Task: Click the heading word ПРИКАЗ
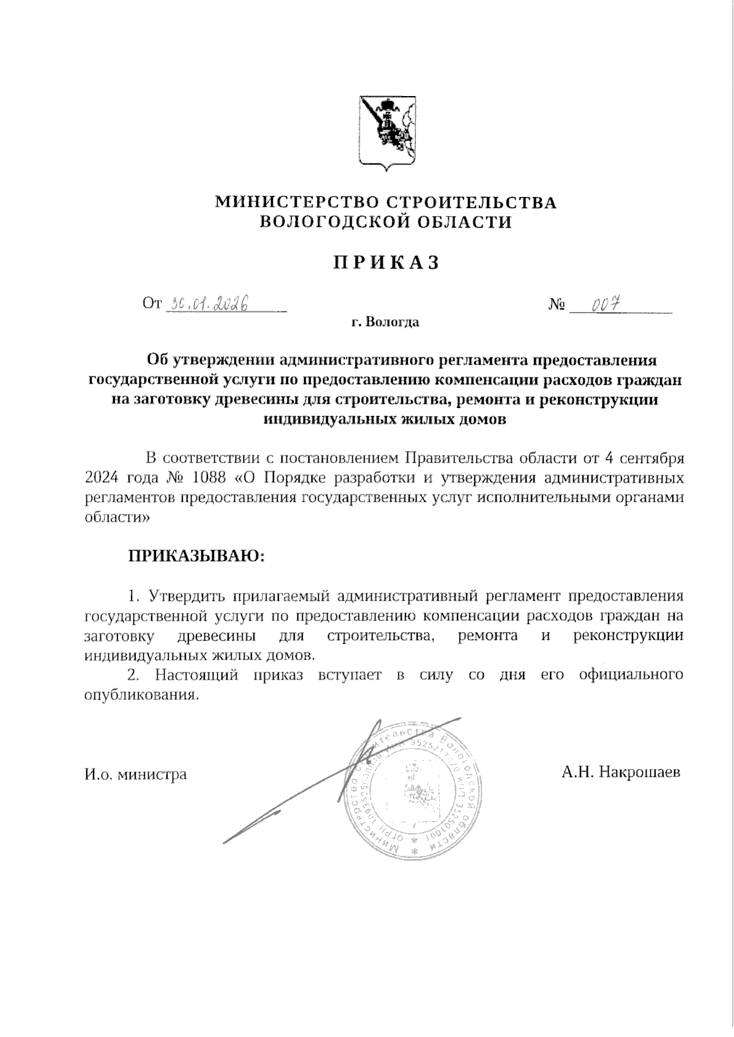click(x=387, y=262)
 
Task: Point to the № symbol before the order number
click(x=556, y=304)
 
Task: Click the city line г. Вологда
click(x=385, y=322)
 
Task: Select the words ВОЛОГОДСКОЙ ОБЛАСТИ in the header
click(x=386, y=221)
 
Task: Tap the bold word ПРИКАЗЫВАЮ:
click(x=196, y=556)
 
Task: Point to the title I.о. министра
click(x=135, y=775)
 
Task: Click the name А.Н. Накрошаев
click(x=621, y=772)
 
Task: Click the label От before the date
click(x=152, y=304)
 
